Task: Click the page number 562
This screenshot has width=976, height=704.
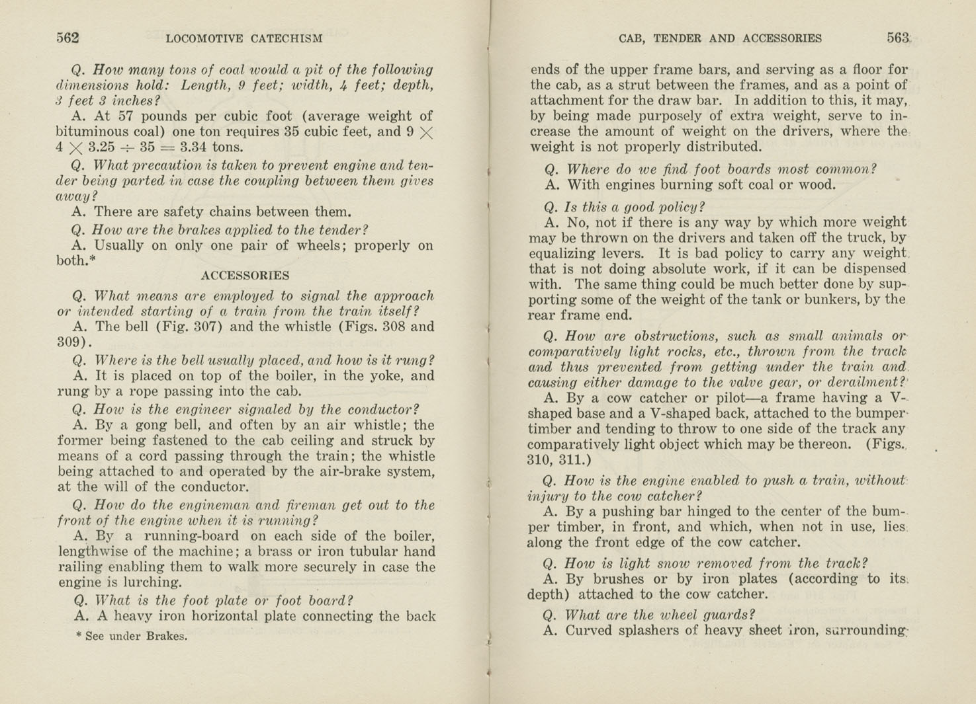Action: (x=67, y=38)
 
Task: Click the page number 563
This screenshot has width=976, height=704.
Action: (x=898, y=38)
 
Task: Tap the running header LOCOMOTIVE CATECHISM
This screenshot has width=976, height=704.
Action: (x=244, y=39)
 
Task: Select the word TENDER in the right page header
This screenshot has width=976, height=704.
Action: (x=677, y=39)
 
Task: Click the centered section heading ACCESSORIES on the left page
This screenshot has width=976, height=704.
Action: (x=245, y=276)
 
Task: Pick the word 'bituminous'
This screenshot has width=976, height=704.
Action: (x=89, y=132)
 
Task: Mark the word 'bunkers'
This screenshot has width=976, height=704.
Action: (x=848, y=299)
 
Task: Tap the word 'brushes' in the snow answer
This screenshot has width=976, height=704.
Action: (x=617, y=579)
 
